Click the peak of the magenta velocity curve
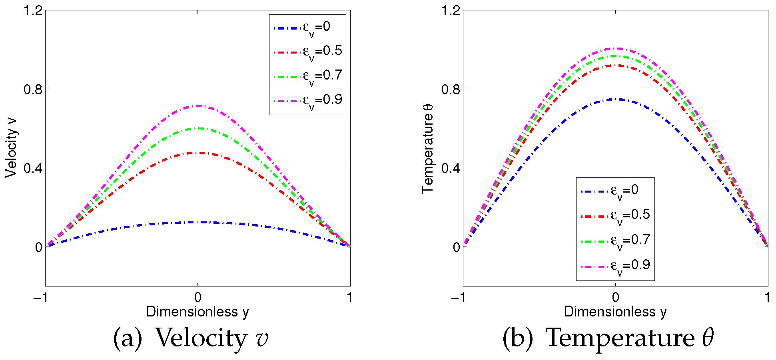point(198,106)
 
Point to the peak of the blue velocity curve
point(198,222)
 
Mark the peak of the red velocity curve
point(198,153)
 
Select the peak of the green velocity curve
point(198,128)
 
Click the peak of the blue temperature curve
point(616,99)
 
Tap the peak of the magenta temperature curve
point(616,48)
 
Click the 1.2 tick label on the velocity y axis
point(33,11)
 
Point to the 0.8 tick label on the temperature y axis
point(451,90)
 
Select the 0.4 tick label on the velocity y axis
point(33,168)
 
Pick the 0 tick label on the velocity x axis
point(198,298)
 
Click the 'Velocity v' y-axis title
point(12,148)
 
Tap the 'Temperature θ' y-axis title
point(428,148)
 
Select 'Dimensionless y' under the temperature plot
point(615,312)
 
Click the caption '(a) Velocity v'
point(191,338)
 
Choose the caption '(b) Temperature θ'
point(608,338)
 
